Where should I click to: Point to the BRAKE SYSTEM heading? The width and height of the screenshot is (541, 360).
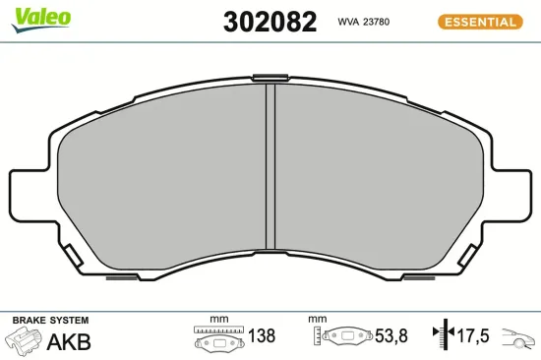(x=49, y=321)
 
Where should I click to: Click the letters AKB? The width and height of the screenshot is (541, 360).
(x=69, y=341)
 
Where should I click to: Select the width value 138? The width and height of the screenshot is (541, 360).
(x=261, y=336)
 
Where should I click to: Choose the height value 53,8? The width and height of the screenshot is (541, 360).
(x=387, y=336)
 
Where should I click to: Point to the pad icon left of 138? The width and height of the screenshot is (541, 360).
(x=217, y=337)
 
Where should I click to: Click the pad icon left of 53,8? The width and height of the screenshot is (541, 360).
(x=343, y=337)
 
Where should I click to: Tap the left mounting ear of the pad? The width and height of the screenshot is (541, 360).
(x=27, y=197)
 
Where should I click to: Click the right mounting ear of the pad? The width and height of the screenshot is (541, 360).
(x=514, y=197)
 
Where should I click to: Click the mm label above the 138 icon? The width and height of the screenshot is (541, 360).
(x=218, y=320)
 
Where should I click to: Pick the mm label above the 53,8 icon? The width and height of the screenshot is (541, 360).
(x=316, y=320)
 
